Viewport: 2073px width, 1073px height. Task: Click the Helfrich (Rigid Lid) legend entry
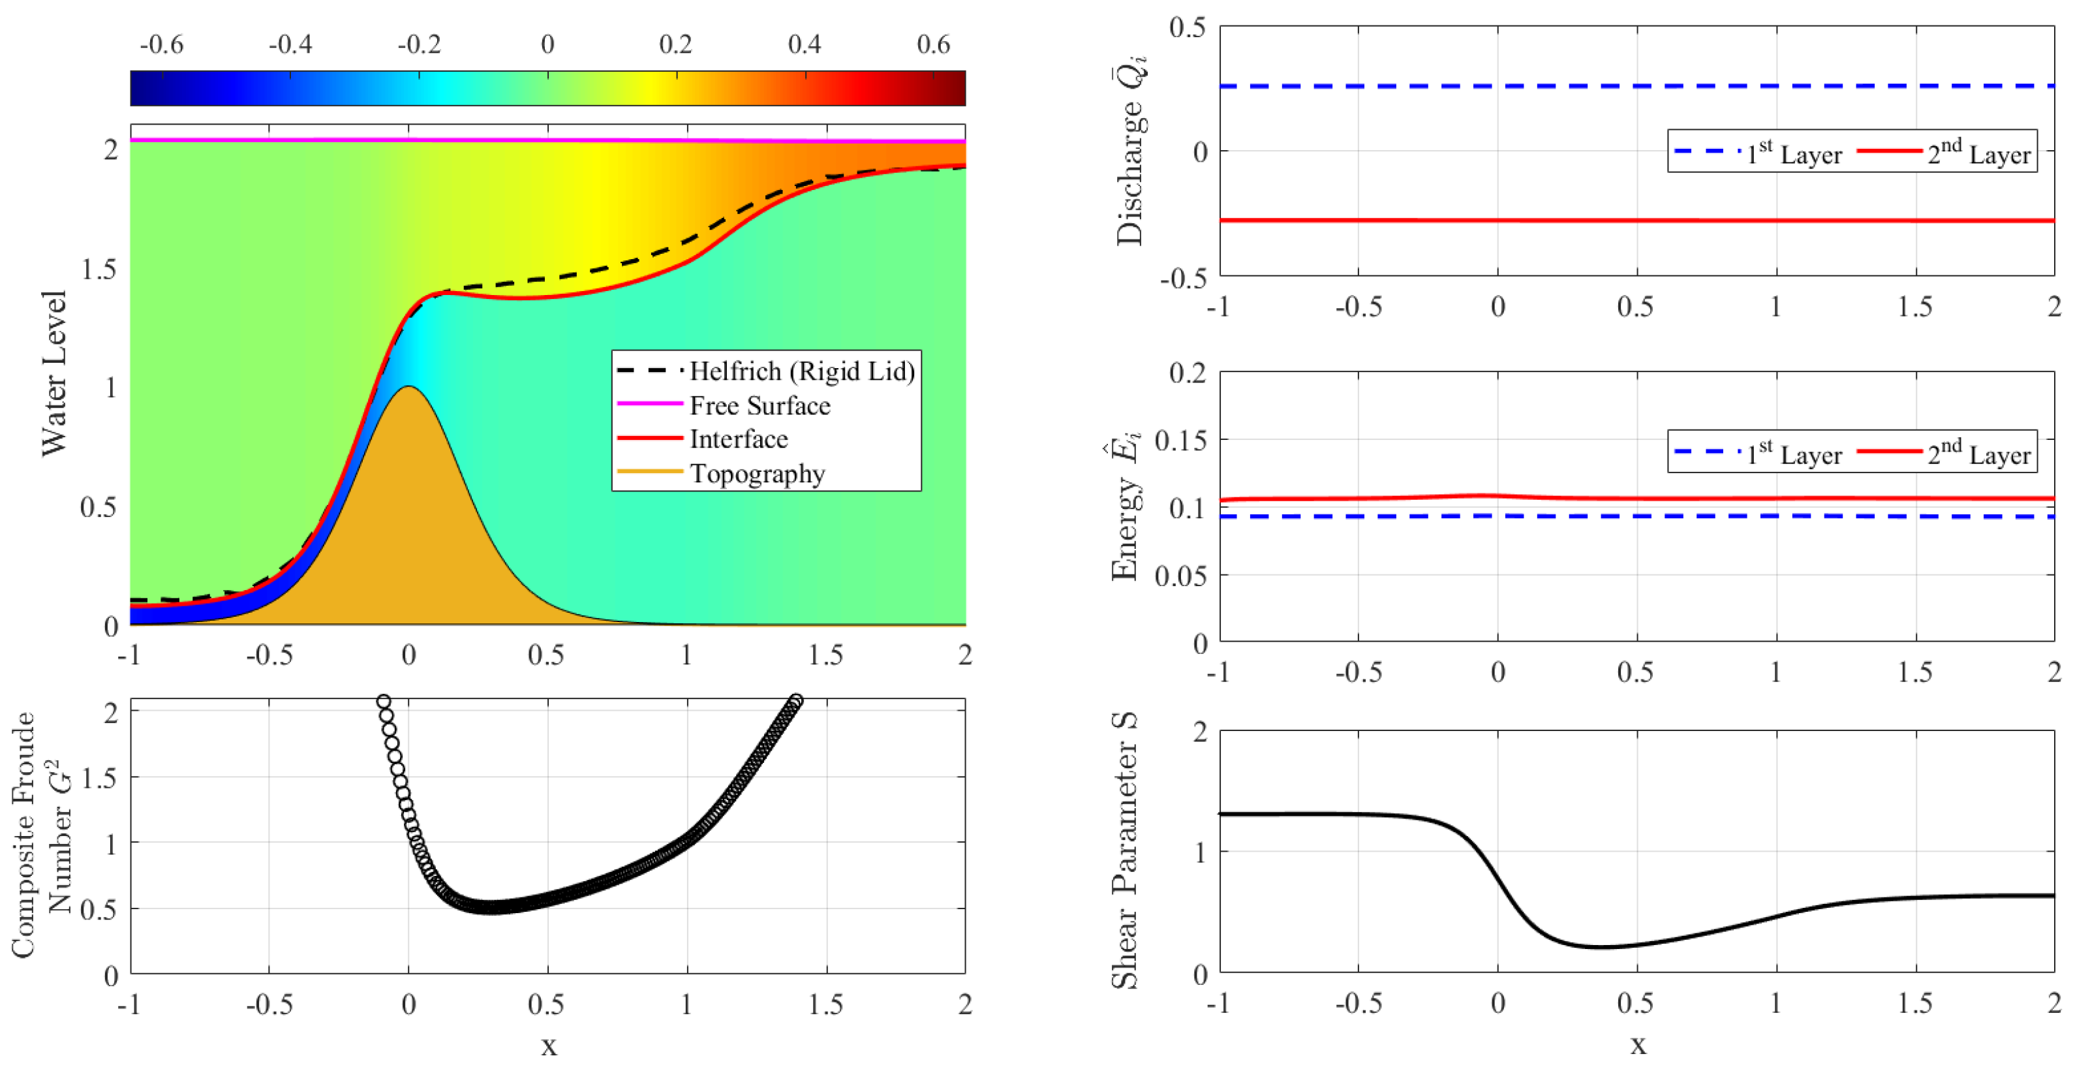point(801,371)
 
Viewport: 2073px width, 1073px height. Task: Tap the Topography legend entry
point(756,473)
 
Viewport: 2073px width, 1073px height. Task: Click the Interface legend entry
point(738,439)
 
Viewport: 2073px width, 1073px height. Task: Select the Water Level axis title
point(54,373)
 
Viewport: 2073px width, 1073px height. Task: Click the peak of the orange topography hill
point(409,388)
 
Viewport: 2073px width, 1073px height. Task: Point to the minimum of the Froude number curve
point(491,907)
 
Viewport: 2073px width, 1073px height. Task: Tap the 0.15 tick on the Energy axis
point(1180,439)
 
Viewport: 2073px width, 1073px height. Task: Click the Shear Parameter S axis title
point(1125,851)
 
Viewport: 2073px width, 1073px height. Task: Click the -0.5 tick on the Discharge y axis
point(1183,277)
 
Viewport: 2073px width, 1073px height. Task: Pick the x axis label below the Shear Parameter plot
point(1638,1046)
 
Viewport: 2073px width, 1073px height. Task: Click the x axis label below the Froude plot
point(548,1046)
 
